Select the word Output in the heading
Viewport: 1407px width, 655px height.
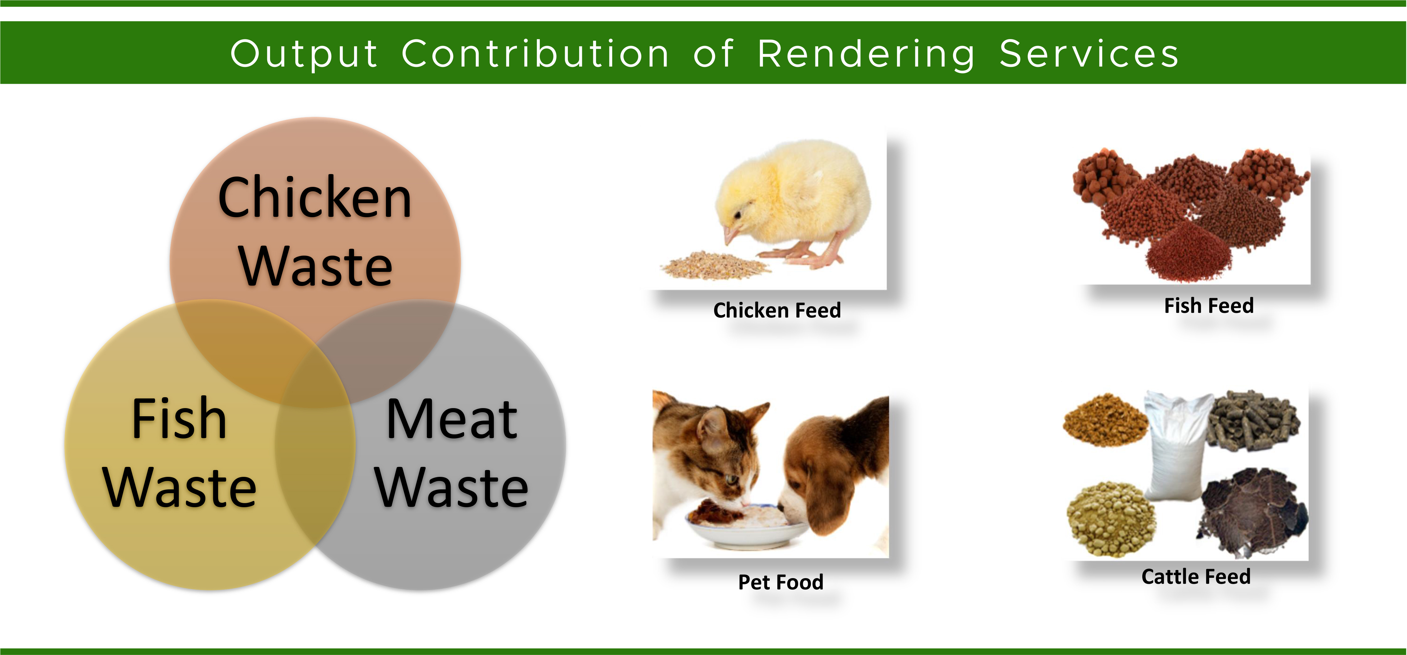coord(304,55)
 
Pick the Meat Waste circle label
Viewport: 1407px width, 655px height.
coord(452,452)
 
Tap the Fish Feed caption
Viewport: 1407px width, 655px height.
coord(1209,305)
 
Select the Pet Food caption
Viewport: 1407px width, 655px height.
coord(780,582)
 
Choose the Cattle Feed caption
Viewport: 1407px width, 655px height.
coord(1196,576)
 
